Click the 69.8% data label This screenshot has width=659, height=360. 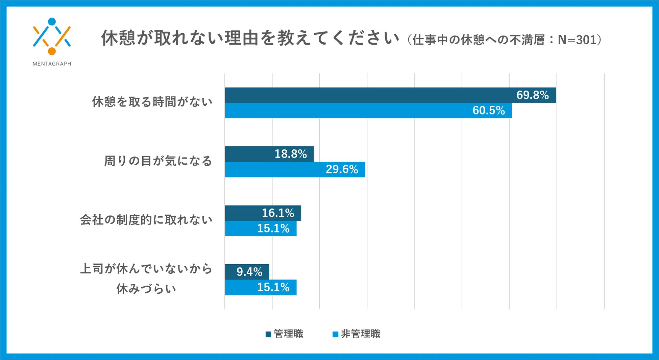coord(532,95)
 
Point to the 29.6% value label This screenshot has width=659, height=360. coord(342,169)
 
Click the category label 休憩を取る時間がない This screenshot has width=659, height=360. coord(152,101)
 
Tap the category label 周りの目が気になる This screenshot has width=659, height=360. coord(158,161)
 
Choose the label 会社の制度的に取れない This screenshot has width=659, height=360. coord(146,220)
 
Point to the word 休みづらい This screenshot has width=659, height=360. coord(146,289)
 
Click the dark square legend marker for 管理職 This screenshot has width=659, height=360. coord(268,334)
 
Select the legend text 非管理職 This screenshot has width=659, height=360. coord(360,334)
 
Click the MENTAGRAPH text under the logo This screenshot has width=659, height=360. coord(52,64)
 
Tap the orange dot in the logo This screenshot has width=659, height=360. coord(52,51)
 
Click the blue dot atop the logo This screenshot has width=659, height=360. coord(52,22)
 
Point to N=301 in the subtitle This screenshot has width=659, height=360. coord(577,40)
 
